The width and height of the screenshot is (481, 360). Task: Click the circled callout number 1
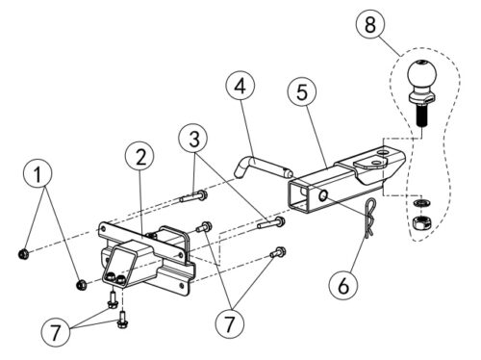(38, 174)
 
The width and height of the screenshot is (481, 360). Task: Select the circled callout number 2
(140, 157)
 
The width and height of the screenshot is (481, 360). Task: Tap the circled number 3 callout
(193, 139)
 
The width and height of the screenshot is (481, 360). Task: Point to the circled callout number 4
(240, 86)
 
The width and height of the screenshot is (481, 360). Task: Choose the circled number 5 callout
(302, 92)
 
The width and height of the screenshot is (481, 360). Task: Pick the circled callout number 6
(343, 285)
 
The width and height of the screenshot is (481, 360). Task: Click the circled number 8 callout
(370, 25)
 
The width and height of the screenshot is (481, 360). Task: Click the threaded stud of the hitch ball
(421, 116)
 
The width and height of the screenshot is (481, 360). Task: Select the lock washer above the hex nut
(420, 203)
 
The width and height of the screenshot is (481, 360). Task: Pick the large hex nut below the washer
(421, 222)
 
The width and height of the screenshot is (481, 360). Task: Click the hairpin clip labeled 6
(370, 218)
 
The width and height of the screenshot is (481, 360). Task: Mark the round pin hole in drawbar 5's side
(323, 194)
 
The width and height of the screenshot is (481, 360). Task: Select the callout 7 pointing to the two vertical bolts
(56, 332)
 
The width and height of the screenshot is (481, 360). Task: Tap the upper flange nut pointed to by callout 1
(24, 254)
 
